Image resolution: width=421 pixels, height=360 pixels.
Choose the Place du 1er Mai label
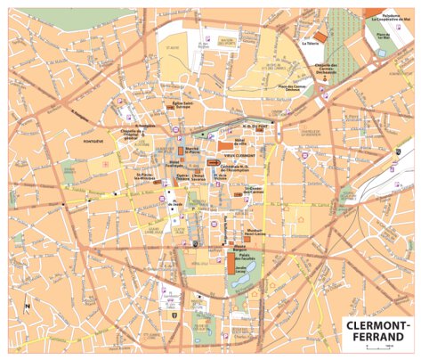tap(385, 37)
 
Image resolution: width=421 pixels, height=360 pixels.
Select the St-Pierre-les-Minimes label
tap(144, 176)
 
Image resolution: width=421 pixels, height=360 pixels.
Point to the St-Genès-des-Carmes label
tap(253, 189)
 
